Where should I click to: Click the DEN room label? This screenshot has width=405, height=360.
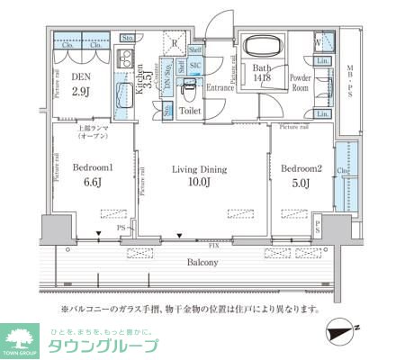click(x=80, y=78)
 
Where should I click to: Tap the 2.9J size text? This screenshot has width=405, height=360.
click(x=80, y=93)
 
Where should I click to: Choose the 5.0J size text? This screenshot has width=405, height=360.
click(x=298, y=184)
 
